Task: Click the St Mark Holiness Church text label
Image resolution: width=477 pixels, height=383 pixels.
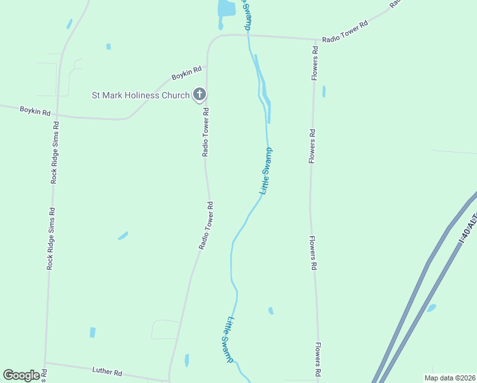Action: (141, 96)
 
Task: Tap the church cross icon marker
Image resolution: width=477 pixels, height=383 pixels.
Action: (199, 96)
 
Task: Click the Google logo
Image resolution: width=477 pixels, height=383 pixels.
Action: (21, 375)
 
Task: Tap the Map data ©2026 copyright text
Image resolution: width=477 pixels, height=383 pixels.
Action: (450, 378)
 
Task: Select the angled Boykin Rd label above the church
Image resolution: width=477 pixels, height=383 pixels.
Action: (186, 73)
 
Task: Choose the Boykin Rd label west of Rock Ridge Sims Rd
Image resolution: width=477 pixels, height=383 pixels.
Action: (34, 110)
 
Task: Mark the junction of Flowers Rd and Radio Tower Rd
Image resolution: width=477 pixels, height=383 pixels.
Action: (315, 40)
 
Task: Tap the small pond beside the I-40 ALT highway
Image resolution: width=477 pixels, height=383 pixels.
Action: (431, 308)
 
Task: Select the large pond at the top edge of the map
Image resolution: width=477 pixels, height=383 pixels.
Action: (226, 9)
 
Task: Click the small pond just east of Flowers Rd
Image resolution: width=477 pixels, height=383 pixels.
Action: (324, 91)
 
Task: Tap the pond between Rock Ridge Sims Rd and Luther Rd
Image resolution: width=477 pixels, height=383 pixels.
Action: (92, 333)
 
